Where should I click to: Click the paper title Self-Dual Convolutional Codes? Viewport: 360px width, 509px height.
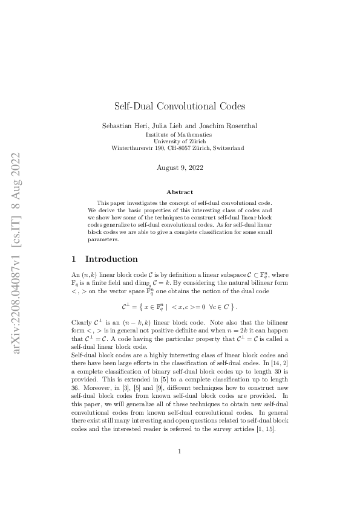180,106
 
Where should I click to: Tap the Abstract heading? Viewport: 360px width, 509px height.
180,192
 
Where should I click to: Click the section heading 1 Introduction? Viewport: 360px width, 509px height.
105,259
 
